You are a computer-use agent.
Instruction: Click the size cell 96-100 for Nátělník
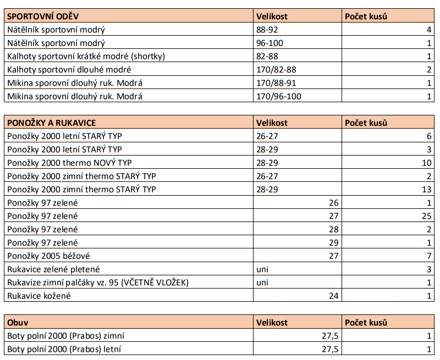(270, 43)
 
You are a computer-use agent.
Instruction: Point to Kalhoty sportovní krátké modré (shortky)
(86, 56)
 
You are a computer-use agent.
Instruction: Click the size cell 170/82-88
(277, 69)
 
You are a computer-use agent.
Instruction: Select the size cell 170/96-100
(279, 96)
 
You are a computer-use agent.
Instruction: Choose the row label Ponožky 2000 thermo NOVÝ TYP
(69, 163)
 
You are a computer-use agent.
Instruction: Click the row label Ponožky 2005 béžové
(48, 256)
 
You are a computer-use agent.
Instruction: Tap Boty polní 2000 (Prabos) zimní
(69, 336)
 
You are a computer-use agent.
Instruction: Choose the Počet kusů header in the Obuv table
(366, 323)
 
